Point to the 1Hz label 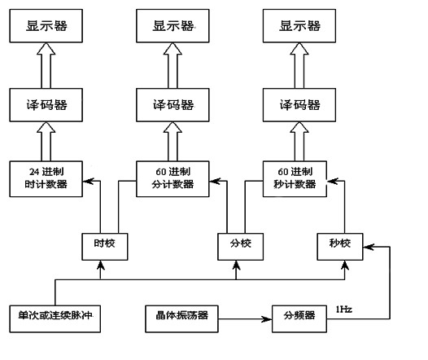point(343,310)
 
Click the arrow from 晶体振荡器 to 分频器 point(245,318)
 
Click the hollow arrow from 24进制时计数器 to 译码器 point(46,142)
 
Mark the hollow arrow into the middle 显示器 point(173,65)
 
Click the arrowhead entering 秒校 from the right point(368,247)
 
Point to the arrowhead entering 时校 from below point(100,265)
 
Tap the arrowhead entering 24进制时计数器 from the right point(88,181)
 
